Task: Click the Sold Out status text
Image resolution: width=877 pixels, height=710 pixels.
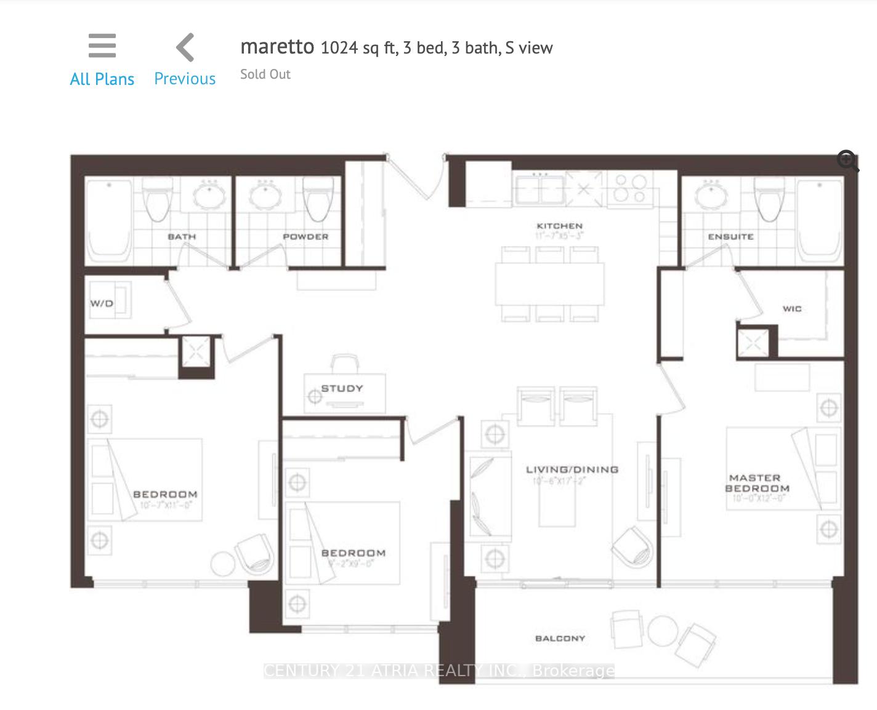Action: tap(265, 74)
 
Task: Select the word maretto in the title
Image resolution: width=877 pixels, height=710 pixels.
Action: tap(277, 47)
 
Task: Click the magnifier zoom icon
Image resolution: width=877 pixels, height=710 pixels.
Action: tap(847, 162)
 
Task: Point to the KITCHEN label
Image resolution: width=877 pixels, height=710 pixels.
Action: tap(559, 226)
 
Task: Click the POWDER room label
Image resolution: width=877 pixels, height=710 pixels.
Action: tap(305, 237)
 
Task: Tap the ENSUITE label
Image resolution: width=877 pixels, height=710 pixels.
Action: tap(730, 237)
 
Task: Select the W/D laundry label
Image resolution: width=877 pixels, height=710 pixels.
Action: tap(102, 303)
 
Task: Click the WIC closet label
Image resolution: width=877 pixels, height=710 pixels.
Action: tap(792, 309)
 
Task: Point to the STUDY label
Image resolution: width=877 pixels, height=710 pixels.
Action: tap(342, 388)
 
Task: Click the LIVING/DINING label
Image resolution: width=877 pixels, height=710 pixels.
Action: tap(572, 469)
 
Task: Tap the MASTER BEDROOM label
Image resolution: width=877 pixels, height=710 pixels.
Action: tap(756, 483)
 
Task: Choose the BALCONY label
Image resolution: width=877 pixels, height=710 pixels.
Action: tap(560, 639)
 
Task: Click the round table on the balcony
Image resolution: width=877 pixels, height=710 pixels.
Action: tap(662, 631)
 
